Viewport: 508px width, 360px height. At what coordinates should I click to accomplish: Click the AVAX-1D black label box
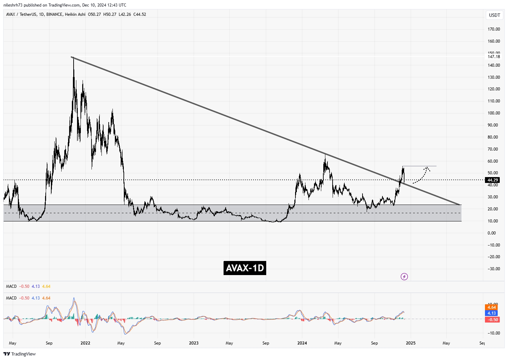point(245,268)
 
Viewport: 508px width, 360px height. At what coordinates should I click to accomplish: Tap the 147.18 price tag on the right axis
point(494,57)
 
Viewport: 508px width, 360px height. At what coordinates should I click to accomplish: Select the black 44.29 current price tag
point(493,180)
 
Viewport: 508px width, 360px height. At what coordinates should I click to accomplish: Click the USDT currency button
point(495,15)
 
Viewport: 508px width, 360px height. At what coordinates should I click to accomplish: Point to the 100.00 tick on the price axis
point(494,113)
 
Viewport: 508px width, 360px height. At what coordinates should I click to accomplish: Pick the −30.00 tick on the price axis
point(493,269)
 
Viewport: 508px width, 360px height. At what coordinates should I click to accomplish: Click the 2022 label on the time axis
point(85,343)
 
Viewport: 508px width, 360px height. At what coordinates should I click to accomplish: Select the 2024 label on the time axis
point(302,343)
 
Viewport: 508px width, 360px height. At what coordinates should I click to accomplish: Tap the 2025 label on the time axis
point(411,343)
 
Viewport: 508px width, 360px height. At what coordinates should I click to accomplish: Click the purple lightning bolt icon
point(404,276)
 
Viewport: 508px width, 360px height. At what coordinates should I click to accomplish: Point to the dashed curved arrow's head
point(427,168)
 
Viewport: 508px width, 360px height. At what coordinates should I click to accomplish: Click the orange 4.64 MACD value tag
point(491,307)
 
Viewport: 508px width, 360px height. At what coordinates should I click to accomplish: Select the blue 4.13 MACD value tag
point(491,313)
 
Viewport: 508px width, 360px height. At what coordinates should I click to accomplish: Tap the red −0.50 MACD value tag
point(492,320)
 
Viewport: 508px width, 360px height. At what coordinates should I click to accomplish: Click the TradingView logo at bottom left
point(20,354)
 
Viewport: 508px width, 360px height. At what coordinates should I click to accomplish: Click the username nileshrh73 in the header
point(13,5)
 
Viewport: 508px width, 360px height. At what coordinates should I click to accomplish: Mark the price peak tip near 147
point(73,58)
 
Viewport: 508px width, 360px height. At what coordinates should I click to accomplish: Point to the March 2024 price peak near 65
point(325,155)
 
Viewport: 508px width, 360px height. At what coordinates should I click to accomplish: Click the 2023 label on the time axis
point(194,343)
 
